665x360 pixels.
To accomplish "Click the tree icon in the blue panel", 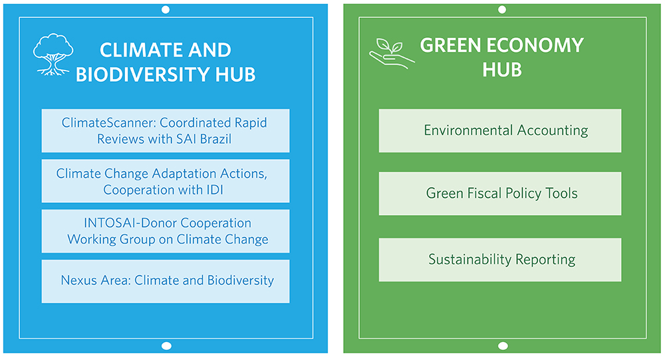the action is tap(53, 55).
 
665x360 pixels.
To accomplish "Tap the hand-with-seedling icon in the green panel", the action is tap(391, 54).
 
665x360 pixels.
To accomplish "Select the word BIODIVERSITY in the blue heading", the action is tap(142, 75).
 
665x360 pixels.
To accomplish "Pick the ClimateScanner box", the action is tap(166, 130).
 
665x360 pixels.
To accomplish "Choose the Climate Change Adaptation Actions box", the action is tap(166, 181).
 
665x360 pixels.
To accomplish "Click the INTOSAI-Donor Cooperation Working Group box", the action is tap(166, 231).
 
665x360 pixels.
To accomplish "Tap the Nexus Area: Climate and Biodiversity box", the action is tap(166, 281).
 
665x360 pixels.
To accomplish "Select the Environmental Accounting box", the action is tap(500, 130).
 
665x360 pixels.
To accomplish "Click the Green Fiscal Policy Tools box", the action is tap(500, 194).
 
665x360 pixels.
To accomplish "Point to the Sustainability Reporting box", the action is tap(500, 260).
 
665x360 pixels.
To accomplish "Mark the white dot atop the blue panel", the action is tap(166, 9).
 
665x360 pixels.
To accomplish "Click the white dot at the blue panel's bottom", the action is tap(167, 346).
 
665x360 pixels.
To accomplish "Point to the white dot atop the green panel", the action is tap(502, 9).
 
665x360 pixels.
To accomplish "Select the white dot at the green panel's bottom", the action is tap(503, 346).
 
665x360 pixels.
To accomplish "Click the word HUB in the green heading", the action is tap(502, 70).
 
